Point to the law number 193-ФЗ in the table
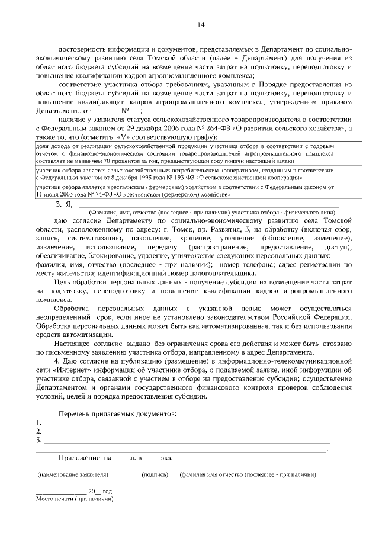pos(187,177)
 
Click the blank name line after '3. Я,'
pos(207,205)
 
